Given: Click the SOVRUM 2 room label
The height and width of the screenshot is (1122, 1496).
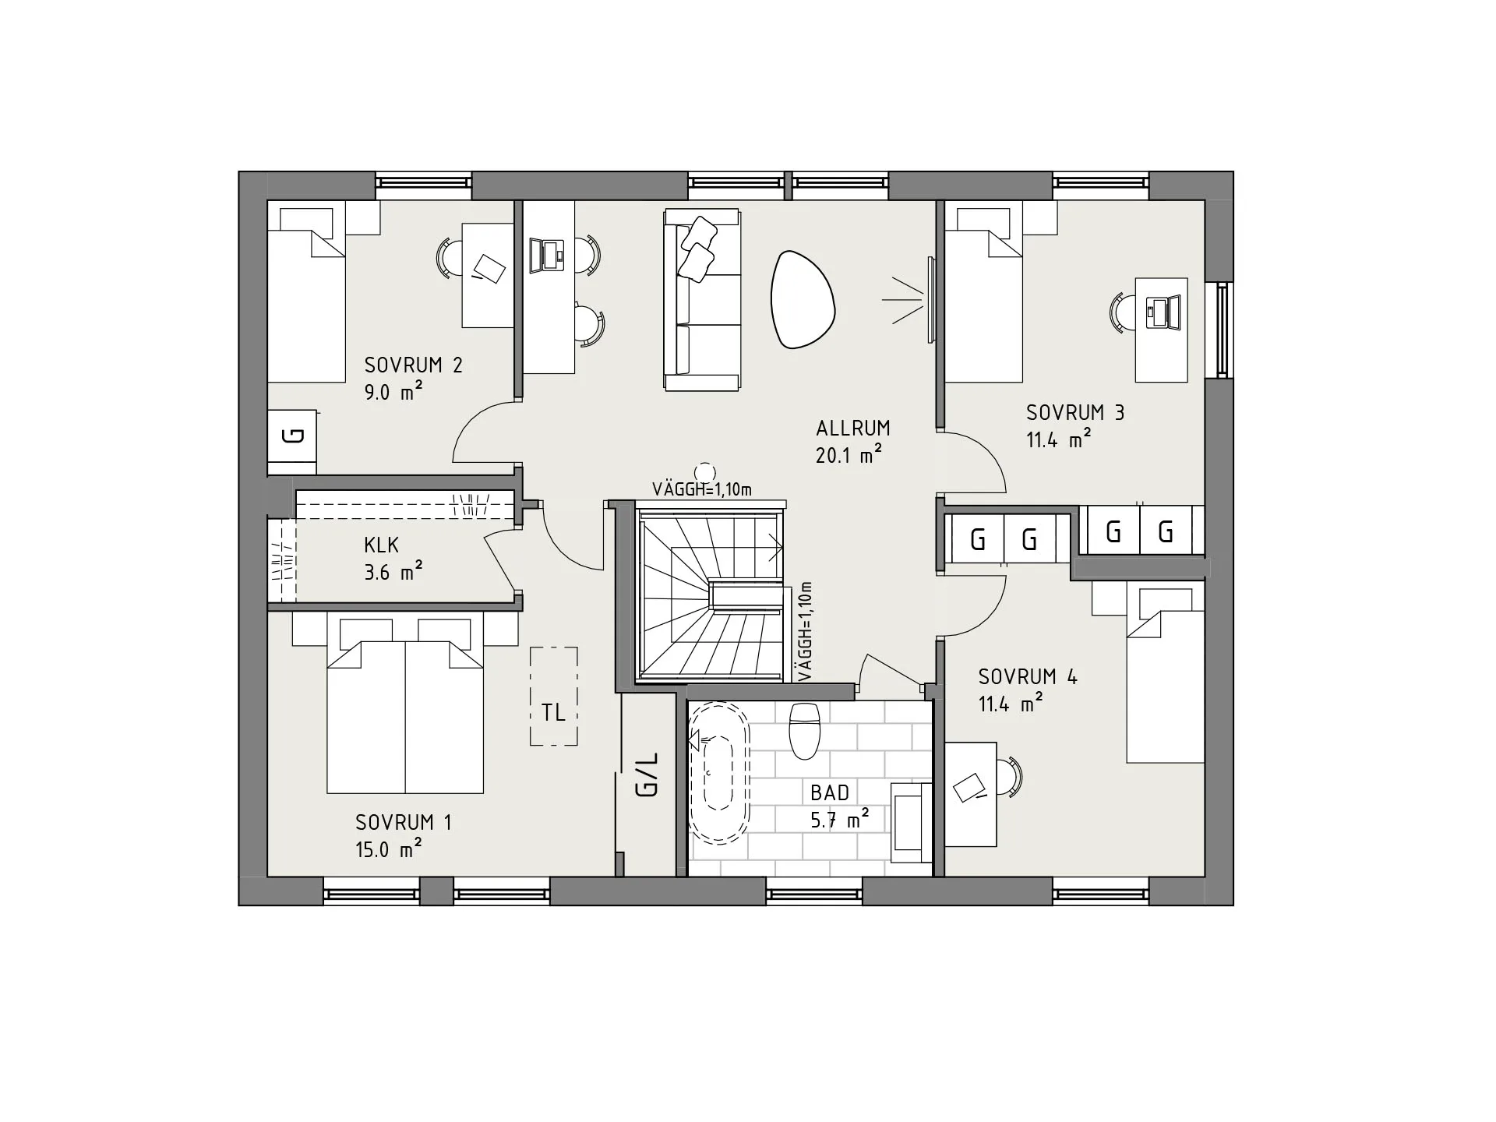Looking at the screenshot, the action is pos(413,365).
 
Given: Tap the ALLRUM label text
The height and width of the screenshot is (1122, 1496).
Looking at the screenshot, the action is pos(852,428).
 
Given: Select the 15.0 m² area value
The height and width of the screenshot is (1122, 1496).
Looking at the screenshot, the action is pos(389,849).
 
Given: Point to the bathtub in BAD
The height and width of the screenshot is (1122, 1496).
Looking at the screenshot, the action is pos(719,774).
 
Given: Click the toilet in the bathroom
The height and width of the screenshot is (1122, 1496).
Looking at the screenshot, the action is pos(805,730).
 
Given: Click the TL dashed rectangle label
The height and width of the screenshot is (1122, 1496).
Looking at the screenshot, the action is pos(553,712).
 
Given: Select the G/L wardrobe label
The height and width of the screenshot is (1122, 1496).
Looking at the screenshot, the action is pos(647,774).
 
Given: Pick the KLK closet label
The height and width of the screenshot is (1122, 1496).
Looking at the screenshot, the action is pos(381,544).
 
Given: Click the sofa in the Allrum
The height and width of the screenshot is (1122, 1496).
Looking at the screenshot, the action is pos(701,299).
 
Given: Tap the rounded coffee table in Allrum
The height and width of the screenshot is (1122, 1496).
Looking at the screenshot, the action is pos(803,299).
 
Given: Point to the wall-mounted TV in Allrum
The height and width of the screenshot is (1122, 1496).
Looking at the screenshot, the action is pos(930,299).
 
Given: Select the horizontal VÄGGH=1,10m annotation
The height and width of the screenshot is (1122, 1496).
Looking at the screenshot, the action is pos(701,489).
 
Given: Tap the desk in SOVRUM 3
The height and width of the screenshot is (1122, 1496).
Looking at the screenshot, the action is pos(1161,330).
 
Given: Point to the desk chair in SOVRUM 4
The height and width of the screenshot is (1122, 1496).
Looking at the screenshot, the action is pos(1009,776).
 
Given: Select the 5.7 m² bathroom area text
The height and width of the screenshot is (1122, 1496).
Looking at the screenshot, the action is pos(839,820).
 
